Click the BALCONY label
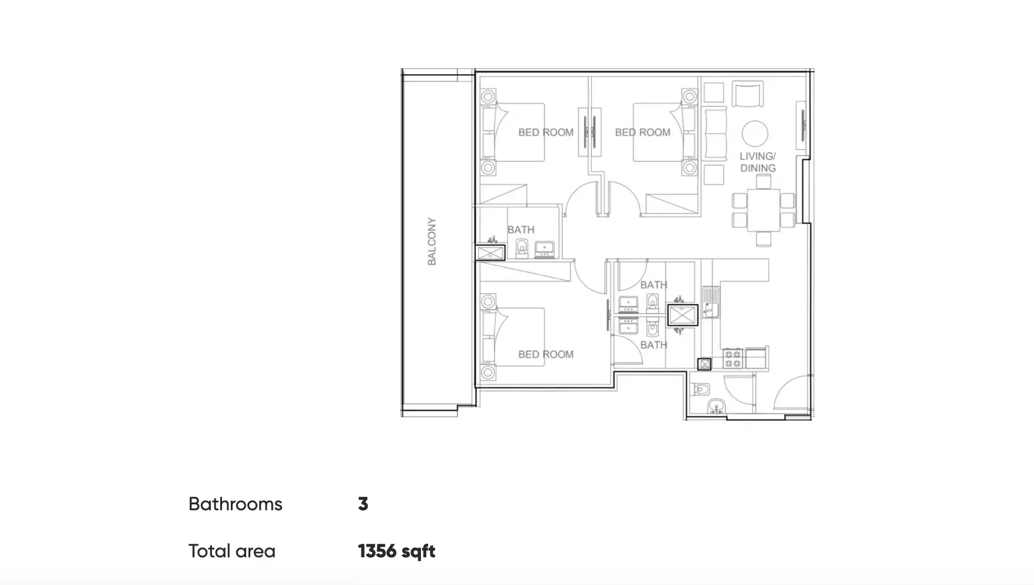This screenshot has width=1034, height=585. click(x=432, y=241)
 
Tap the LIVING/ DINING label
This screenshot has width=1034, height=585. click(x=758, y=162)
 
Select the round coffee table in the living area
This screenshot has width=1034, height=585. click(x=755, y=134)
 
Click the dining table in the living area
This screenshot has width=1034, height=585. click(x=763, y=210)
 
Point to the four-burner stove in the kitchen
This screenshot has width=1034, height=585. click(x=733, y=358)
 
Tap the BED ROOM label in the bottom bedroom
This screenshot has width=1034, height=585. click(x=546, y=354)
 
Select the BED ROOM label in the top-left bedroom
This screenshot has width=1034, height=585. click(x=546, y=132)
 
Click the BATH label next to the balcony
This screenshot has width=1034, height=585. click(x=521, y=230)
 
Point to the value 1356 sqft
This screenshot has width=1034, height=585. click(x=396, y=551)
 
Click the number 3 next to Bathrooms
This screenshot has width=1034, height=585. click(x=363, y=504)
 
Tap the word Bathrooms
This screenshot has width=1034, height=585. click(x=236, y=504)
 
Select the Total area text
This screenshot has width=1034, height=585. click(x=232, y=551)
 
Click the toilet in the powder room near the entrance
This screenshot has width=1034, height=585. click(x=702, y=389)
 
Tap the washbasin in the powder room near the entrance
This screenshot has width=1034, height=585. click(x=716, y=405)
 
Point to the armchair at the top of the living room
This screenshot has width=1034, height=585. click(x=748, y=94)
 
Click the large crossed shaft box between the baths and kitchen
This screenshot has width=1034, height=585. click(x=682, y=315)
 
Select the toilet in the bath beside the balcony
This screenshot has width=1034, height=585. click(x=522, y=248)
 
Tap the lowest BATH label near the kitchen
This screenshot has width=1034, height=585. click(x=654, y=345)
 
